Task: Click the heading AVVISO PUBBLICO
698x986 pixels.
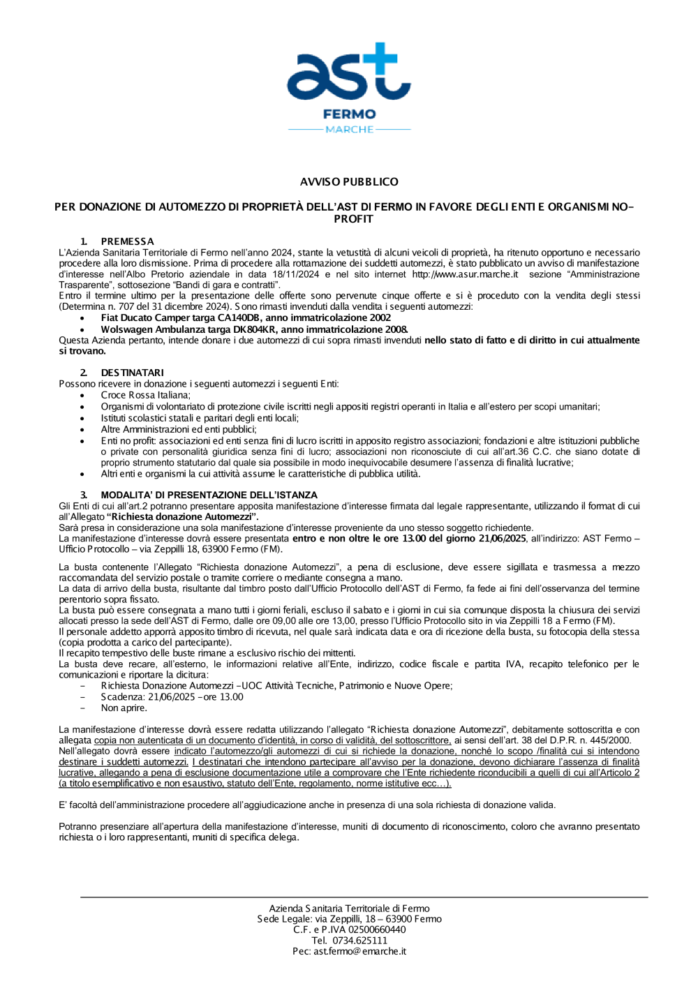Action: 349,182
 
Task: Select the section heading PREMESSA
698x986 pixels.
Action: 127,241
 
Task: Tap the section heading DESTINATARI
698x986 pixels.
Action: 132,373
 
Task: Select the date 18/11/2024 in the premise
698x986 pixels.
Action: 295,274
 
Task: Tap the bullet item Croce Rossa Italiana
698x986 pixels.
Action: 145,395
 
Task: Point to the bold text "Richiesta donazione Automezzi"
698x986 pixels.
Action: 183,517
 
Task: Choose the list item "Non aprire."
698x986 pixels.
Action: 124,708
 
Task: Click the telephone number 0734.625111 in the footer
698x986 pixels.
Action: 359,941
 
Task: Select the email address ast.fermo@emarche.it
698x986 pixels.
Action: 359,951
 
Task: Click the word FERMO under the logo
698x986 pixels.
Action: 349,114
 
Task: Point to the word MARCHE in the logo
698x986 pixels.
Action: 349,129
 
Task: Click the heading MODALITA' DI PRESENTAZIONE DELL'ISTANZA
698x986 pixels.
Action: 209,495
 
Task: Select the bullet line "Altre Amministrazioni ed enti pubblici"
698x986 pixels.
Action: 179,429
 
